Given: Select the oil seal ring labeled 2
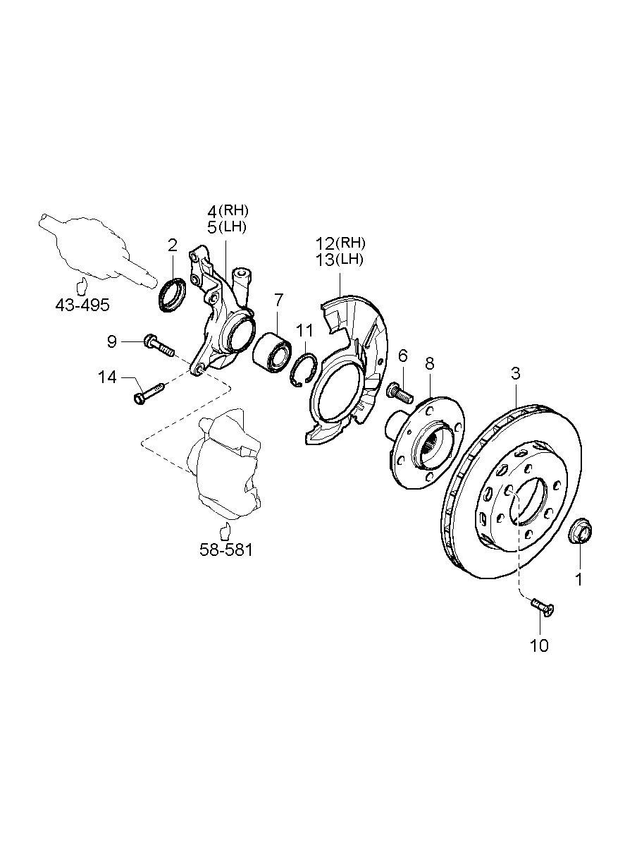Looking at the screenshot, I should click(172, 294).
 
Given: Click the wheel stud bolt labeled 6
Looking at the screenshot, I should click(400, 392).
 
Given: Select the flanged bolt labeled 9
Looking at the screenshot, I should click(159, 345).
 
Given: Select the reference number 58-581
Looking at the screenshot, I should click(225, 550).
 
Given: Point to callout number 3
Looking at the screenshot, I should click(516, 373).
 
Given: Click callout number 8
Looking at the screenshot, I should click(429, 363).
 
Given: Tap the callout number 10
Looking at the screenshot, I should click(539, 645).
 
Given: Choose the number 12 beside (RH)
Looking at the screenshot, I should click(325, 243).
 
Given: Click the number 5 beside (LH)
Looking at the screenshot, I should click(211, 227).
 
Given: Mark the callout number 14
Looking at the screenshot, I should click(107, 377).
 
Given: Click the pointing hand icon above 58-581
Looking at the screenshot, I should click(225, 530).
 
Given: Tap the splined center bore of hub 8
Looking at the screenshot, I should click(432, 446).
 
